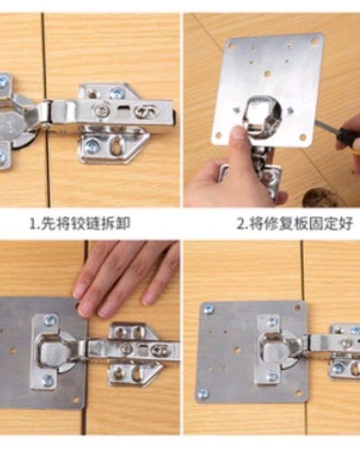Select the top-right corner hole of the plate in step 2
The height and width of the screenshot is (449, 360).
(315, 41)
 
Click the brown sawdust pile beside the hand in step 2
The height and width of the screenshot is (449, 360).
(320, 198)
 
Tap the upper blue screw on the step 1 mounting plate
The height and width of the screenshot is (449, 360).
(117, 94)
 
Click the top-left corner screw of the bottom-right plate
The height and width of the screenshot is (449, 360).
(208, 309)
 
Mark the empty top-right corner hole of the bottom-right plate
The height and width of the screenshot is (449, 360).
(297, 308)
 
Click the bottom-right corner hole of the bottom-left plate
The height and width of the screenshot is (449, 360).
(75, 399)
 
